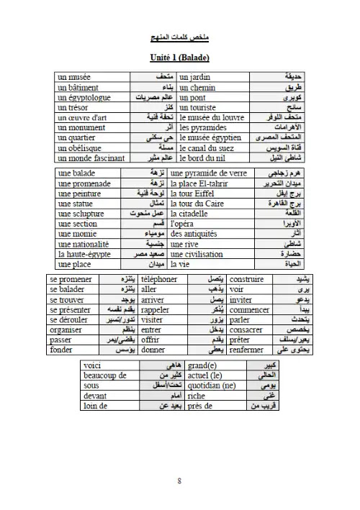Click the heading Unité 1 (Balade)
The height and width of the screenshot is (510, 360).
[x=179, y=57]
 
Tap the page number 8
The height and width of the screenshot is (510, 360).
[x=179, y=481]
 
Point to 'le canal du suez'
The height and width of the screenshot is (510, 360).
[x=208, y=147]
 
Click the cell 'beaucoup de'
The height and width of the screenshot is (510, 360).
[x=105, y=375]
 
